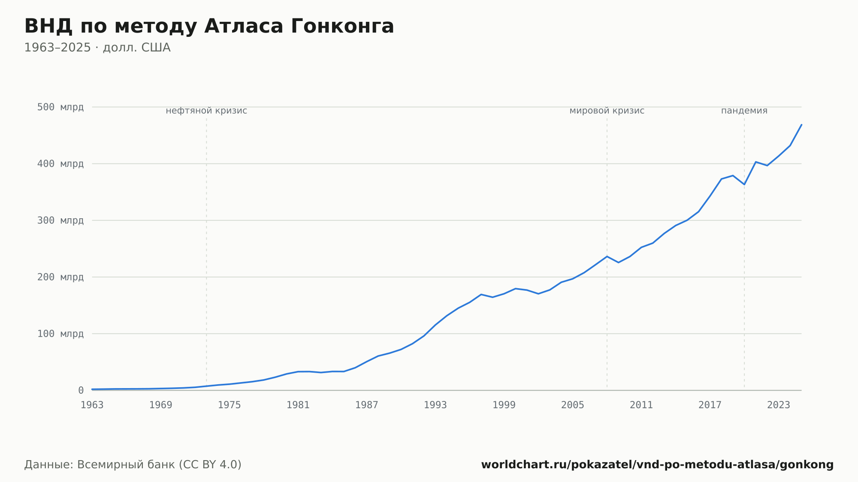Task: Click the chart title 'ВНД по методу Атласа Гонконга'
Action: [x=209, y=26]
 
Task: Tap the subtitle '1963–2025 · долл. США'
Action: [x=97, y=48]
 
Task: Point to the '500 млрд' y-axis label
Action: [x=60, y=107]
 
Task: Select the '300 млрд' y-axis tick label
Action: [x=60, y=220]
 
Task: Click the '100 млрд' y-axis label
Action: [x=60, y=334]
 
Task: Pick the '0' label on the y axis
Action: [x=81, y=390]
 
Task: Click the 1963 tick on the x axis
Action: [x=92, y=405]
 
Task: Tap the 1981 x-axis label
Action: [x=298, y=405]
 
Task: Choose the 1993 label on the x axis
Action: [x=435, y=405]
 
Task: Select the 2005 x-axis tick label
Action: [x=573, y=405]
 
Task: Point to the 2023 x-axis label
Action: [x=779, y=405]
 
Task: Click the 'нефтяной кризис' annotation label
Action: [x=206, y=111]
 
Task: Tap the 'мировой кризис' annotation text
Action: [x=607, y=111]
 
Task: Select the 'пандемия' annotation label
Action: [x=744, y=111]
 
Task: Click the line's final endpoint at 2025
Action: [x=801, y=125]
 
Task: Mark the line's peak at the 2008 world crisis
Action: [x=607, y=256]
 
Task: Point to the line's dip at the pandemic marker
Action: [x=744, y=184]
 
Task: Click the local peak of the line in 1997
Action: [x=481, y=295]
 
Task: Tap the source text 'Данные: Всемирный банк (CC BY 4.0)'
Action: [x=133, y=465]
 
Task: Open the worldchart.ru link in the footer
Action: [x=657, y=465]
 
